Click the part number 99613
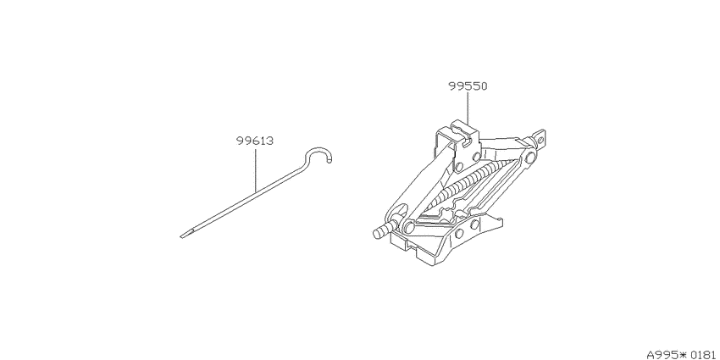255,141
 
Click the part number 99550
468,86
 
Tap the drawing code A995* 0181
683,355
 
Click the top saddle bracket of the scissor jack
457,142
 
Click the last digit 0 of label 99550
484,86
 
